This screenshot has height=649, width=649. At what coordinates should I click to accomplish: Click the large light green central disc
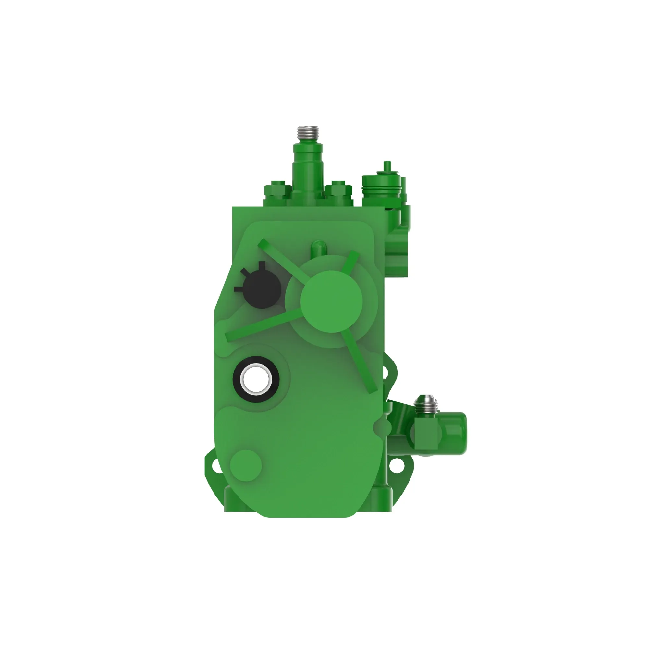(x=332, y=301)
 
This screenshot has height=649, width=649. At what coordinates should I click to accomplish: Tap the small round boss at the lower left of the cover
(x=246, y=466)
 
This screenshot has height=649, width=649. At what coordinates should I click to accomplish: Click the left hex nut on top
(x=277, y=190)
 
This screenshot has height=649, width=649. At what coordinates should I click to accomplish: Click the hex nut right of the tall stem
(x=338, y=190)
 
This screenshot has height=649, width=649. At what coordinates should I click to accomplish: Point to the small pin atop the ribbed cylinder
(x=387, y=166)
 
